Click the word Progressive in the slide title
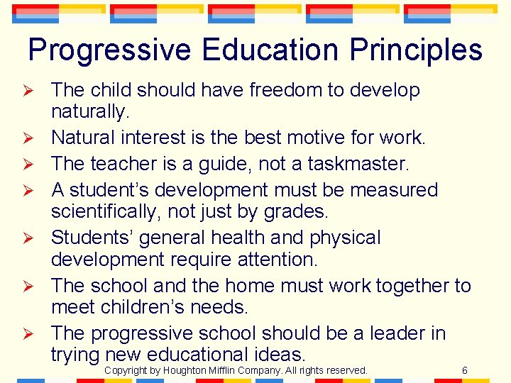click(109, 50)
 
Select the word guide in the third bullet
click(250, 164)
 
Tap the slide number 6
click(464, 370)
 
